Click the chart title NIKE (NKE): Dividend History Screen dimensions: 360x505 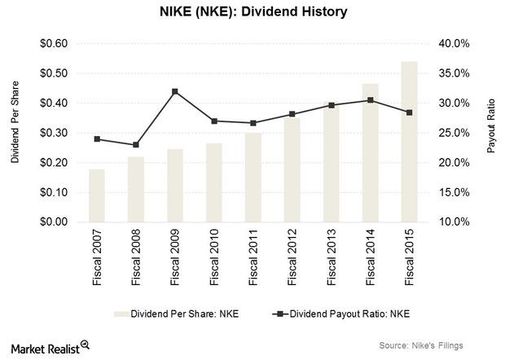point(253,12)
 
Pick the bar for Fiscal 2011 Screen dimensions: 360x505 point(253,178)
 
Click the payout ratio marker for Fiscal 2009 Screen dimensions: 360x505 point(175,91)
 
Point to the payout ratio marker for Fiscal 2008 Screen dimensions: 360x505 point(136,145)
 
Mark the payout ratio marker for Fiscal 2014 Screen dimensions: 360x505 point(371,100)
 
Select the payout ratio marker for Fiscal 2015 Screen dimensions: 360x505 point(409,112)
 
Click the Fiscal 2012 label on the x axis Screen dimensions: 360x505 point(292,257)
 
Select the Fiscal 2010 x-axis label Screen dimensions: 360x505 point(214,257)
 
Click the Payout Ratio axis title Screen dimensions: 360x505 point(491,133)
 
